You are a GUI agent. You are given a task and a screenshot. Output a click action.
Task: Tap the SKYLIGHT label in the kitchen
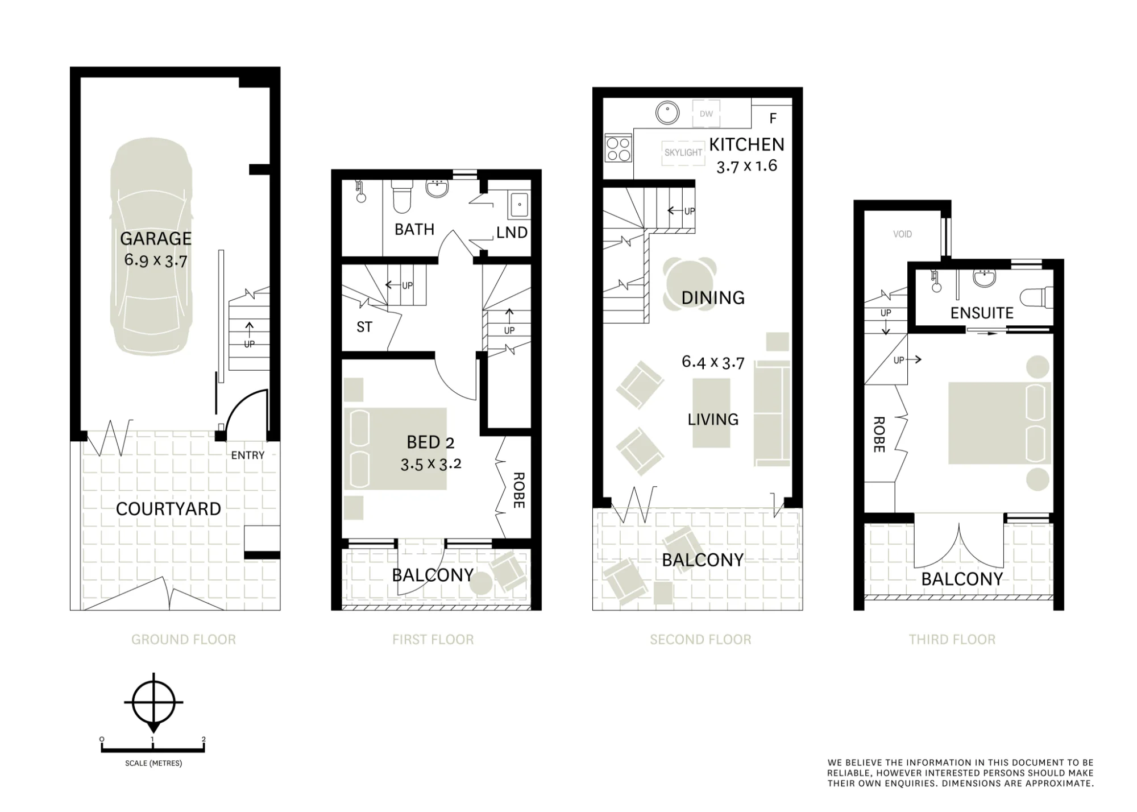(683, 152)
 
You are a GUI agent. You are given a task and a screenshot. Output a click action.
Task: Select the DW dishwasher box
(706, 114)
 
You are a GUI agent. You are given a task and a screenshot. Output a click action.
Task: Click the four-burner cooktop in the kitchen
(618, 148)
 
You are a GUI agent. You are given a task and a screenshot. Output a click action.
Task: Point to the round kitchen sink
(667, 113)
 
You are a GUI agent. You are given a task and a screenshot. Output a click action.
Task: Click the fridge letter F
(773, 118)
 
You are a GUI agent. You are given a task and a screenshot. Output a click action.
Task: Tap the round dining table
(690, 284)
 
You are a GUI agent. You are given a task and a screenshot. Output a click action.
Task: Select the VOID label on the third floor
(902, 234)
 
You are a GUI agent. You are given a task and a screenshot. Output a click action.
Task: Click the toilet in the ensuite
(1036, 297)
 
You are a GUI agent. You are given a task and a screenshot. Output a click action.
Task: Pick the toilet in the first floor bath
(402, 196)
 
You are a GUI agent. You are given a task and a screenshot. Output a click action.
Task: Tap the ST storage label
(364, 327)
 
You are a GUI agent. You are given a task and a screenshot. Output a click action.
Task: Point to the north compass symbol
(153, 703)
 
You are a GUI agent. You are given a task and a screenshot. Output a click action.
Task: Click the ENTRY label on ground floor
(247, 455)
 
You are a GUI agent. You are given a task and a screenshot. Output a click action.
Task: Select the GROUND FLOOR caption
(184, 640)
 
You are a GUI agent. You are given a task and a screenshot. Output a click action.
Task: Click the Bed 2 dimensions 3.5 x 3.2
(431, 464)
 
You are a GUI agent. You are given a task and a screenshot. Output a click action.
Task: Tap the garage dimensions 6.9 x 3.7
(156, 260)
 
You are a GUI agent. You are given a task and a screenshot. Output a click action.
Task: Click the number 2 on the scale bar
(204, 740)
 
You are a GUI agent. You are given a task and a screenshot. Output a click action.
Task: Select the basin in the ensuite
(985, 279)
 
